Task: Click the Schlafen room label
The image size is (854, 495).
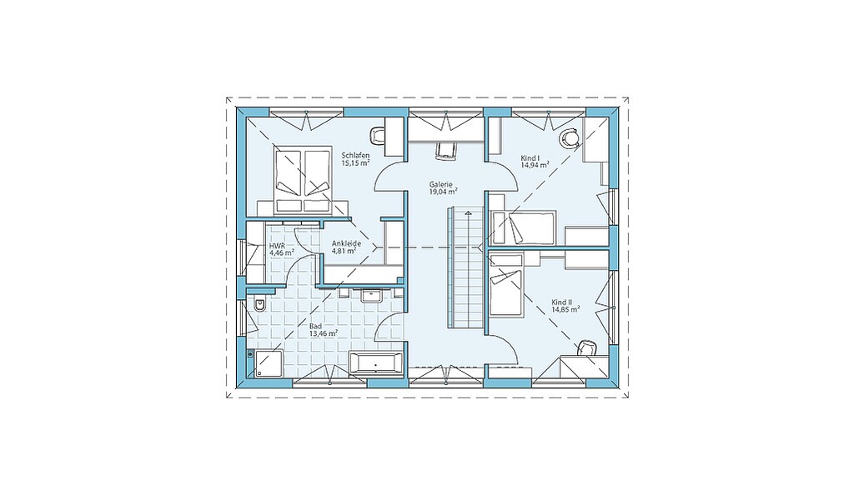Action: pyautogui.click(x=355, y=156)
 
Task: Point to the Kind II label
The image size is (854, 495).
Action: pyautogui.click(x=561, y=302)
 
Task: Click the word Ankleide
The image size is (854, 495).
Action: pyautogui.click(x=346, y=243)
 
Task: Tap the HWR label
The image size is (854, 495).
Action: pyautogui.click(x=277, y=246)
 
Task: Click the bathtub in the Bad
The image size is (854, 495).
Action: pyautogui.click(x=376, y=362)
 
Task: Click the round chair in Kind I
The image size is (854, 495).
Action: pyautogui.click(x=570, y=138)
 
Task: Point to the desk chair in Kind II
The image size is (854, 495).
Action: pyautogui.click(x=585, y=348)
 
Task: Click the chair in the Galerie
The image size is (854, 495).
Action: pyautogui.click(x=445, y=151)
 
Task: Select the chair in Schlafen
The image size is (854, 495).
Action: pyautogui.click(x=378, y=134)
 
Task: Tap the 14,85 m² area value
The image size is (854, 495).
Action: pyautogui.click(x=565, y=308)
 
